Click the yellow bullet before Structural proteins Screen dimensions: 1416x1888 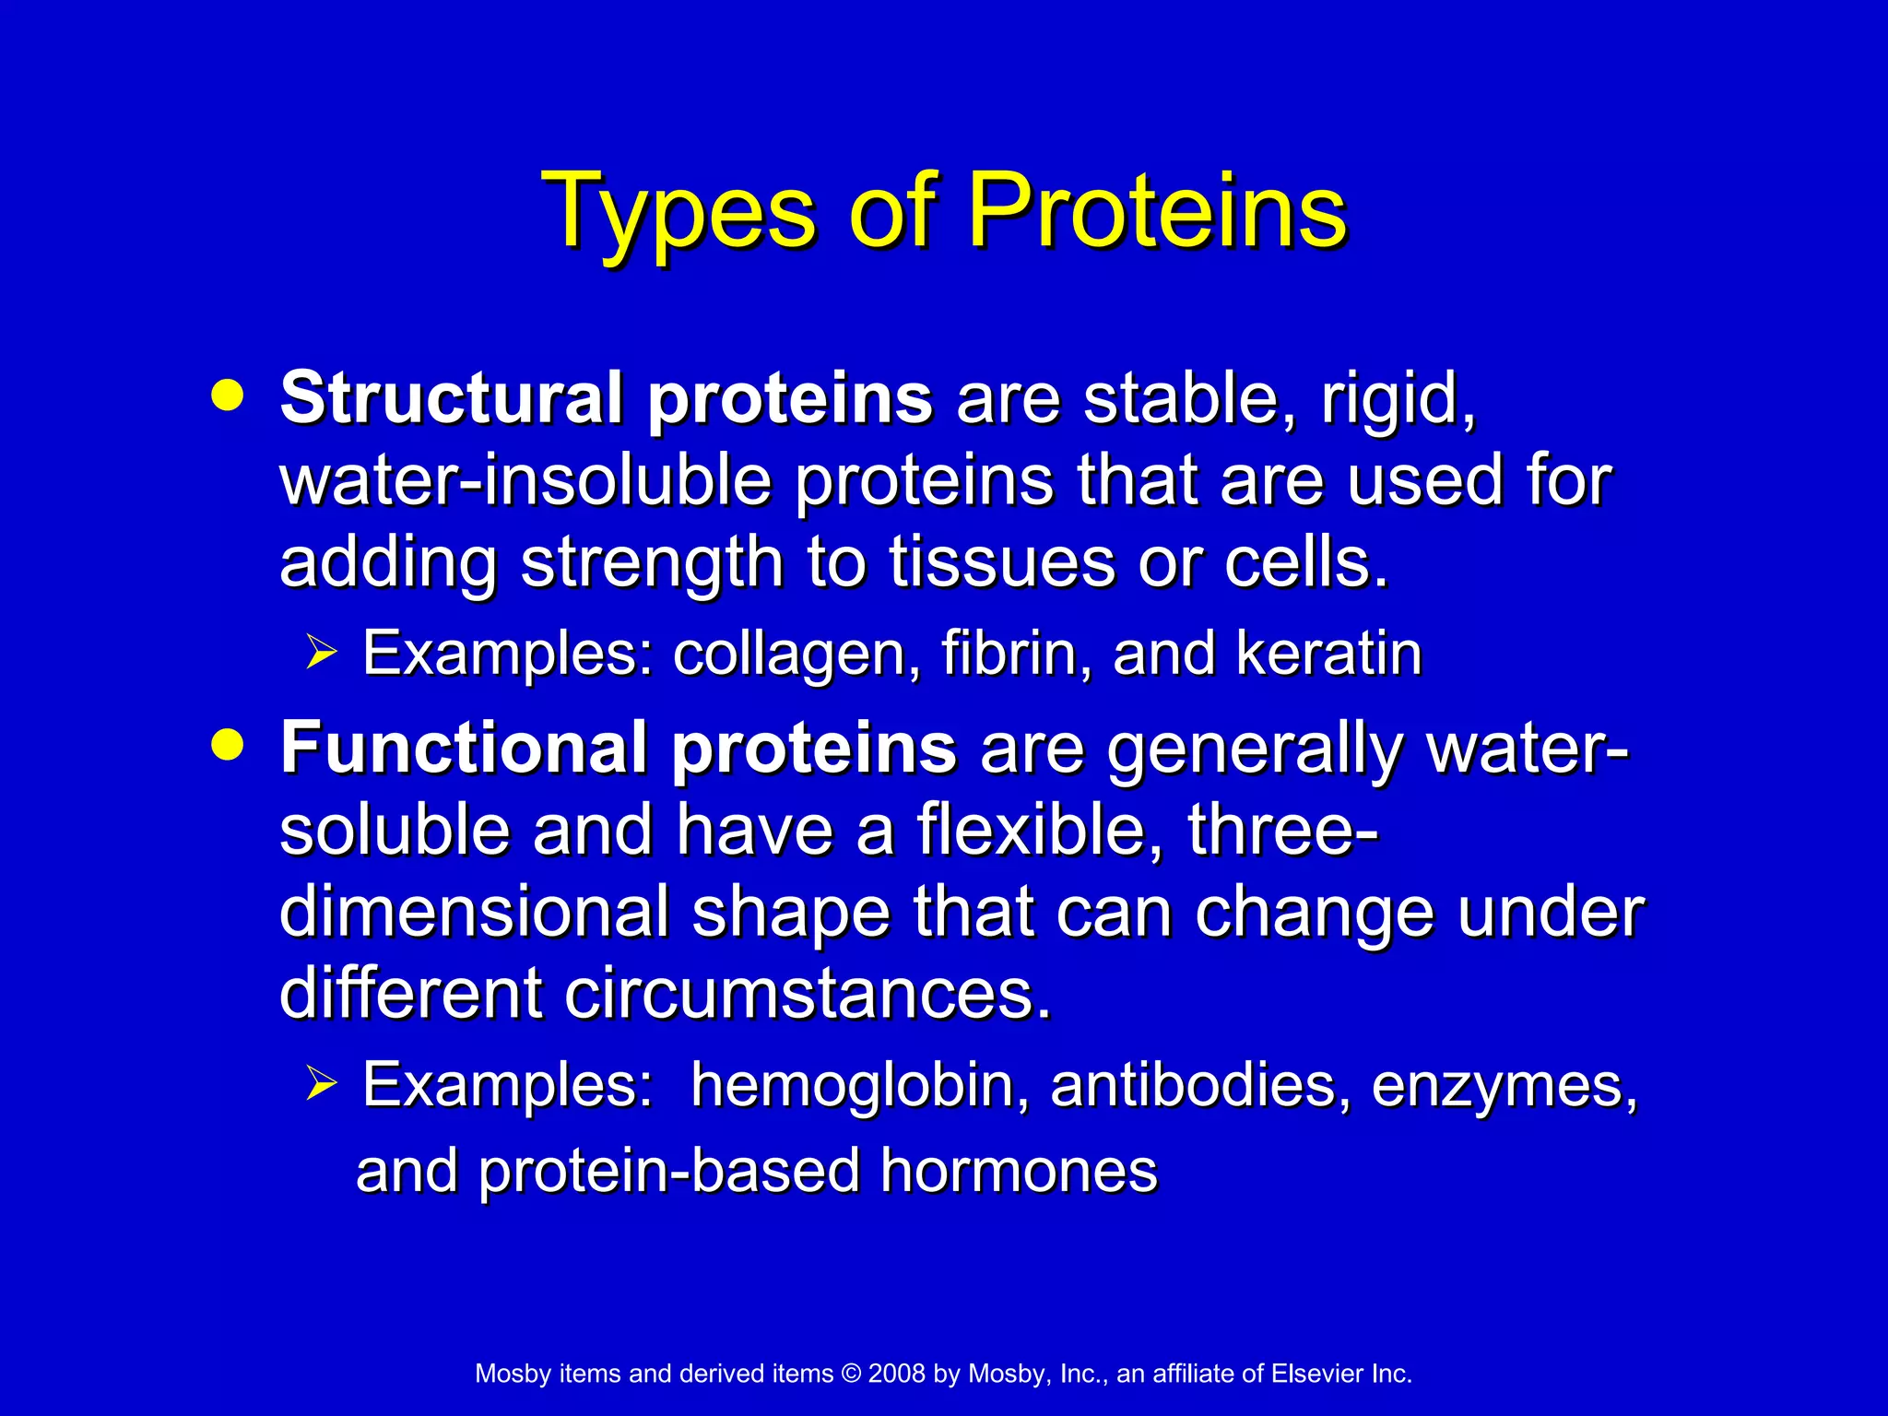(x=227, y=395)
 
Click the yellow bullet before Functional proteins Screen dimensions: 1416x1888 (x=227, y=744)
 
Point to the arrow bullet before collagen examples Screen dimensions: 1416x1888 (x=322, y=653)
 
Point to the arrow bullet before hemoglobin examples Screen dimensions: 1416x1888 (x=322, y=1084)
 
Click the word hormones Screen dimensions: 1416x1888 (x=1018, y=1171)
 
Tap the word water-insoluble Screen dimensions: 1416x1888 (x=525, y=480)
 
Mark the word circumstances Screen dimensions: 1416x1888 (x=808, y=994)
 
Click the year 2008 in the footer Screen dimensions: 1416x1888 (x=896, y=1374)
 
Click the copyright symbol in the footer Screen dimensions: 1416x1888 (x=850, y=1374)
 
